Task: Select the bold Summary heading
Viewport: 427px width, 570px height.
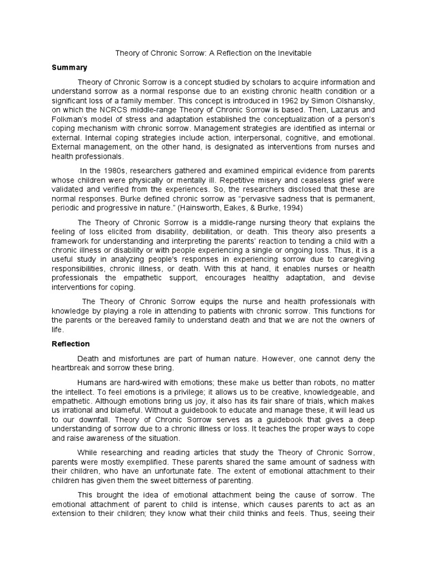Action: (x=69, y=68)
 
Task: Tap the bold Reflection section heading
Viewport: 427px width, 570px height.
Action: (x=71, y=344)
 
